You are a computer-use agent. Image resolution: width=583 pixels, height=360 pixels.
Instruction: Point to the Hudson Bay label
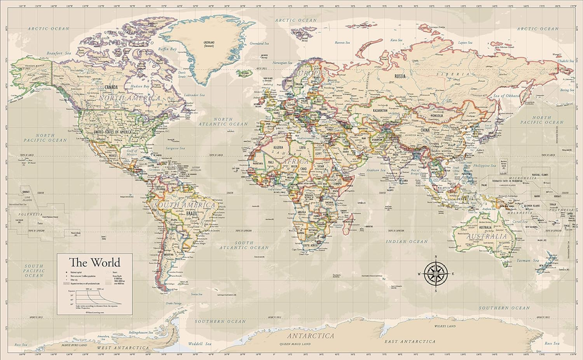coord(140,87)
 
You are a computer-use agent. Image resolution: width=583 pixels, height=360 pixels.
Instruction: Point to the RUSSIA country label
coord(400,76)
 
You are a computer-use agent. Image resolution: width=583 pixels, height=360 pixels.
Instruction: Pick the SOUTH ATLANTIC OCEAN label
coord(261,245)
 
